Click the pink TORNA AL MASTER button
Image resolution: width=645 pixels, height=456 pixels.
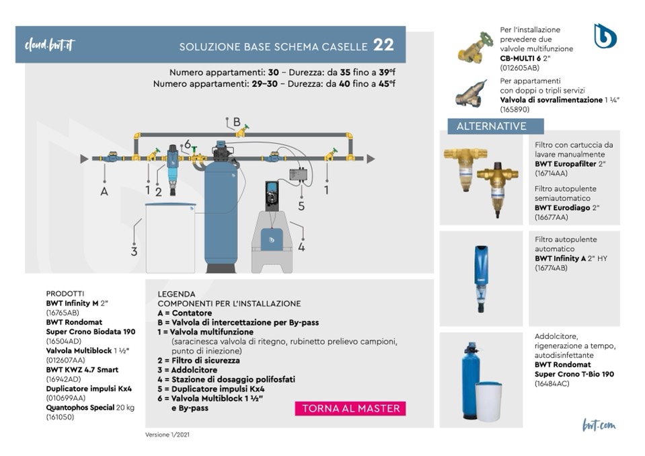coord(350,408)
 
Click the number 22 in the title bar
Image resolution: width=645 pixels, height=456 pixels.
coord(383,46)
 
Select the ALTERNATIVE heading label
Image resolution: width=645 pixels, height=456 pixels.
coord(491,126)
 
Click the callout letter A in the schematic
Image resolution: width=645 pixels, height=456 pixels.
coord(104,190)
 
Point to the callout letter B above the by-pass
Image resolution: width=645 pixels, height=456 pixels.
coord(236,122)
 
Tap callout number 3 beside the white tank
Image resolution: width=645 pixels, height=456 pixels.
coord(134,252)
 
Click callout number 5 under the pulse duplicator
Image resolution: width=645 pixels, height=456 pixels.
coord(301,206)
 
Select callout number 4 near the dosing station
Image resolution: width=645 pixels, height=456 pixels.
coord(301,247)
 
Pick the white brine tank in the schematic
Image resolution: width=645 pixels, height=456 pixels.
coord(169,237)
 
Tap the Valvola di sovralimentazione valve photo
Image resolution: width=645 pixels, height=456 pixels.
coord(472,94)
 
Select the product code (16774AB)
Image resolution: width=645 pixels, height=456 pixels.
coord(552,267)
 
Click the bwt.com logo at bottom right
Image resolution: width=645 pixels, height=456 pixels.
coord(599,425)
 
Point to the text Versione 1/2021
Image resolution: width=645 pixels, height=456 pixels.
coord(167,434)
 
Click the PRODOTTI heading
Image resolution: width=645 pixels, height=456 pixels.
coord(65,294)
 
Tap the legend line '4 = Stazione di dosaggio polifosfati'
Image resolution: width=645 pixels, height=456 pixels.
coord(226,379)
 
